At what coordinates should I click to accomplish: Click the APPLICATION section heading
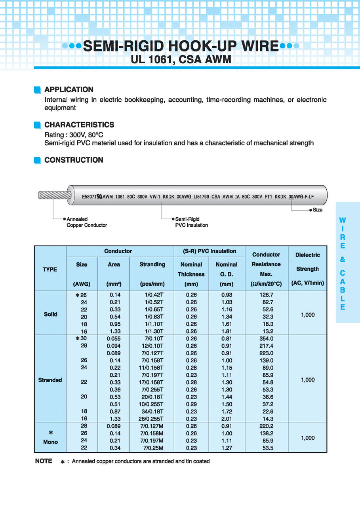point(69,89)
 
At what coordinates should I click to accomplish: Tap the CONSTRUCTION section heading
point(74,160)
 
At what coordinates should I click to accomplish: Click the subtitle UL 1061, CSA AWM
point(181,59)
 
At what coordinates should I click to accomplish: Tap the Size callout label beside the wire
point(317,210)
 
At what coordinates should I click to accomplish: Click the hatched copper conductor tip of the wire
point(55,195)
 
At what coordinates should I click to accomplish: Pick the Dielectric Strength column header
point(307,269)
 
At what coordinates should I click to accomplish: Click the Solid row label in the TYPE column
point(50,314)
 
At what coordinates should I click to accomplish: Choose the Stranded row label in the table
point(50,380)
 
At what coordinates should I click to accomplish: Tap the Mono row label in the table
point(50,442)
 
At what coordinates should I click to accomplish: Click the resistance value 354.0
point(267,339)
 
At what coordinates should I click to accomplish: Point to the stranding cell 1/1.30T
point(153,331)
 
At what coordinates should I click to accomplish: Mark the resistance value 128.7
point(267,295)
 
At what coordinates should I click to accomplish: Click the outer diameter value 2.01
point(227,419)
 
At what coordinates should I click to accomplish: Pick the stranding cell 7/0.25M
point(153,448)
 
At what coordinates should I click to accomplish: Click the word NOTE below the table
point(44,461)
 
